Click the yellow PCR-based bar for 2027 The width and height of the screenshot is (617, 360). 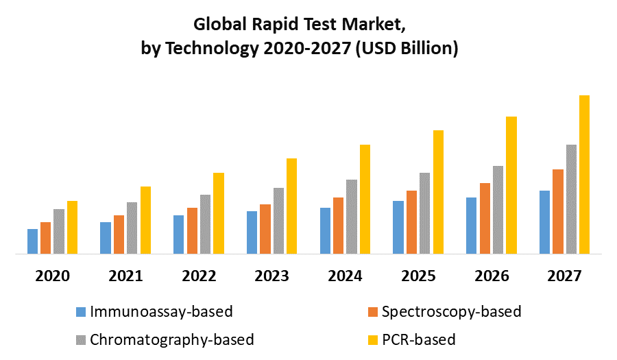pyautogui.click(x=584, y=174)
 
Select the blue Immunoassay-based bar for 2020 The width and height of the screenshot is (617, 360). pyautogui.click(x=32, y=241)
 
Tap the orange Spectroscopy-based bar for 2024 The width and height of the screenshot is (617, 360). pyautogui.click(x=338, y=225)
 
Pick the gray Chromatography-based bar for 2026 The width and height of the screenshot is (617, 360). pyautogui.click(x=498, y=209)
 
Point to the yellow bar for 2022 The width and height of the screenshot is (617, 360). pyautogui.click(x=219, y=213)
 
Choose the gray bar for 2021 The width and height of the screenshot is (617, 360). pyautogui.click(x=132, y=228)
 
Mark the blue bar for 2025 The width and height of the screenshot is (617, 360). pyautogui.click(x=398, y=227)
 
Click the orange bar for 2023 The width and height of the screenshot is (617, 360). pyautogui.click(x=265, y=228)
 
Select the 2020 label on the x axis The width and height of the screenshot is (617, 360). pyautogui.click(x=52, y=276)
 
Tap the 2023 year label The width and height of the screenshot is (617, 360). pyautogui.click(x=271, y=276)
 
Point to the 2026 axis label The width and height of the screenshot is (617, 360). pyautogui.click(x=491, y=276)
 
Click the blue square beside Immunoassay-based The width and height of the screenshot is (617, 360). pyautogui.click(x=80, y=313)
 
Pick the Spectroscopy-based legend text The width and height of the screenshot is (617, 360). pyautogui.click(x=451, y=312)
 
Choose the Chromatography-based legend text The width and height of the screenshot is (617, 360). pyautogui.click(x=172, y=339)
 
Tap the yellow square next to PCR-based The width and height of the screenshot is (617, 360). pyautogui.click(x=372, y=340)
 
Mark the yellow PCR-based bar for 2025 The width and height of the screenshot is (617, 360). pyautogui.click(x=438, y=191)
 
